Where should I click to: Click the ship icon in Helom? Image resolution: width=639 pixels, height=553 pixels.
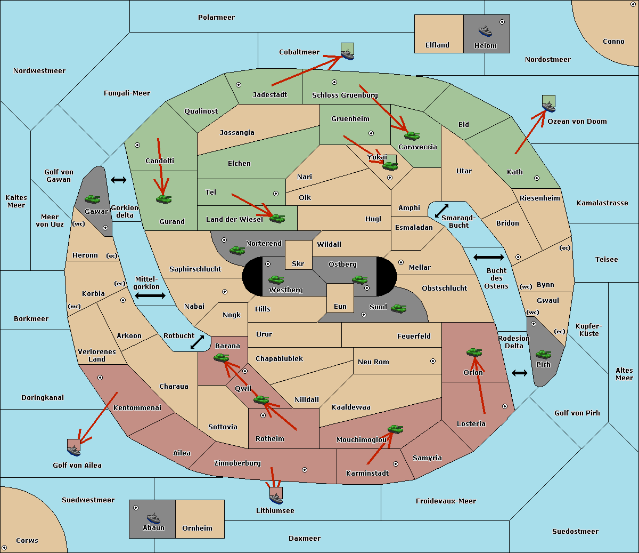[x=485, y=31]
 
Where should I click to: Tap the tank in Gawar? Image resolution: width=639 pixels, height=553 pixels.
[x=93, y=199]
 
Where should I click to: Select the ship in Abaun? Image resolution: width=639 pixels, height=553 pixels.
[x=153, y=518]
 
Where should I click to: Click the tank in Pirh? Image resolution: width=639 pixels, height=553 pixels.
[x=543, y=354]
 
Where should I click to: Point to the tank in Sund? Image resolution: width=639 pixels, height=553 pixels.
[x=398, y=308]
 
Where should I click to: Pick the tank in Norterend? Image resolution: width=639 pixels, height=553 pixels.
[x=237, y=250]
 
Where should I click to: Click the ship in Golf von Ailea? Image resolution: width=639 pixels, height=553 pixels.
[x=74, y=451]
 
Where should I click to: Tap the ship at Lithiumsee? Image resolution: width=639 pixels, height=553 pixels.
[x=276, y=499]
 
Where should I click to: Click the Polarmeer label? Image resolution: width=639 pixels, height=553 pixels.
[x=216, y=18]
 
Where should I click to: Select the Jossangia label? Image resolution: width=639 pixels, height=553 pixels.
[x=237, y=133]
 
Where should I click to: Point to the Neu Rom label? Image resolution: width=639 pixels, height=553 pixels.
[x=373, y=362]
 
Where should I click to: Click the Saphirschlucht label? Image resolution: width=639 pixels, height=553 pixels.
[x=195, y=269]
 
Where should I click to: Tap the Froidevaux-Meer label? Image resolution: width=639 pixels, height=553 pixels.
[x=446, y=501]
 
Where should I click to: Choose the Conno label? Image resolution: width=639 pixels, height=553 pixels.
[x=613, y=42]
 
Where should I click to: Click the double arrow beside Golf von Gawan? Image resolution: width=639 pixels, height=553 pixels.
[x=119, y=180]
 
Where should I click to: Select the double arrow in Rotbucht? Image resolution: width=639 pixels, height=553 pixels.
[x=197, y=342]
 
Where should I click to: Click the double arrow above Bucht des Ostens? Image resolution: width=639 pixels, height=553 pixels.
[x=489, y=257]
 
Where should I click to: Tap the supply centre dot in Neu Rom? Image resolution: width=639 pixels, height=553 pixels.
[x=433, y=361]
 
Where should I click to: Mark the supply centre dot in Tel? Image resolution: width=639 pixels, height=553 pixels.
[x=276, y=194]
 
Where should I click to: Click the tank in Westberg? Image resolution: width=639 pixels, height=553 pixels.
[x=276, y=279]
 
